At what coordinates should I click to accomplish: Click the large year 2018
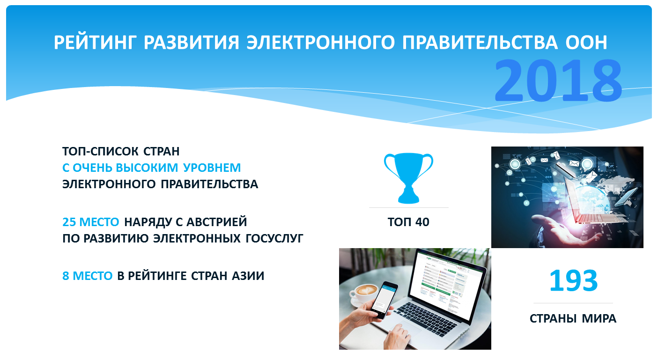tap(558, 80)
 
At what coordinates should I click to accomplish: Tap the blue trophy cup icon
tap(408, 178)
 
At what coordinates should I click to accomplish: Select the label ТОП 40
tap(408, 222)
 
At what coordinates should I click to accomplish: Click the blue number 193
tap(573, 281)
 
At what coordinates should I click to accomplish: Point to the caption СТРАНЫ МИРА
tap(573, 319)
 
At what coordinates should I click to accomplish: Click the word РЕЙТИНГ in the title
tap(96, 42)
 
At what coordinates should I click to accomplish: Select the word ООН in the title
tap(586, 42)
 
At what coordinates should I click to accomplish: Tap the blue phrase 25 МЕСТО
tap(90, 222)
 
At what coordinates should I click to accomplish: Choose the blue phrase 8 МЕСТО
tap(87, 276)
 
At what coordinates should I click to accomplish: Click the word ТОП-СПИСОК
tap(100, 152)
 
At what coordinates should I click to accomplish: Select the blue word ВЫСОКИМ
tap(147, 168)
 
